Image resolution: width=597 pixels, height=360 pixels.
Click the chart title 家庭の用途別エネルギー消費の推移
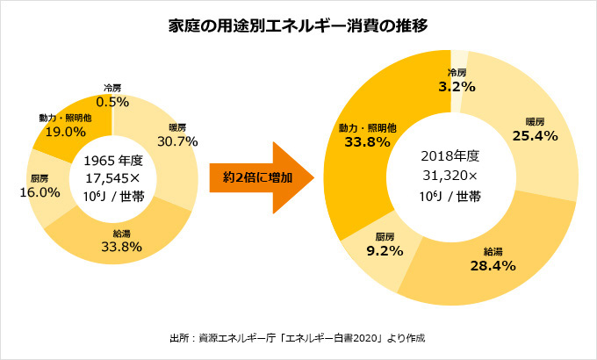pyautogui.click(x=298, y=25)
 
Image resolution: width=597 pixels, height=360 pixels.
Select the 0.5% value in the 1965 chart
pyautogui.click(x=112, y=102)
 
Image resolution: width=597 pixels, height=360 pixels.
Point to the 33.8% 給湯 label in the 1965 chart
pyautogui.click(x=121, y=246)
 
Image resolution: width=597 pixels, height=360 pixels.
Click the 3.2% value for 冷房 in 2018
pyautogui.click(x=457, y=87)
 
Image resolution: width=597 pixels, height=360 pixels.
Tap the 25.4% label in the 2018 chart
pyautogui.click(x=535, y=136)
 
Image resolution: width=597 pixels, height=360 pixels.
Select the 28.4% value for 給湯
pyautogui.click(x=492, y=265)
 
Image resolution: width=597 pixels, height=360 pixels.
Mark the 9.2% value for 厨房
pyautogui.click(x=384, y=251)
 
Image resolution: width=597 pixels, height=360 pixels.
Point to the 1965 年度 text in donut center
pyautogui.click(x=112, y=161)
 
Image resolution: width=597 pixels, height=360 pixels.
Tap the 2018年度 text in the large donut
pyautogui.click(x=450, y=155)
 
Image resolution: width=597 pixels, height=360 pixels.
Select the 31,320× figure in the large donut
pyautogui.click(x=450, y=175)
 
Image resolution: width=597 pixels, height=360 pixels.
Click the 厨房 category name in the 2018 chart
pyautogui.click(x=384, y=236)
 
